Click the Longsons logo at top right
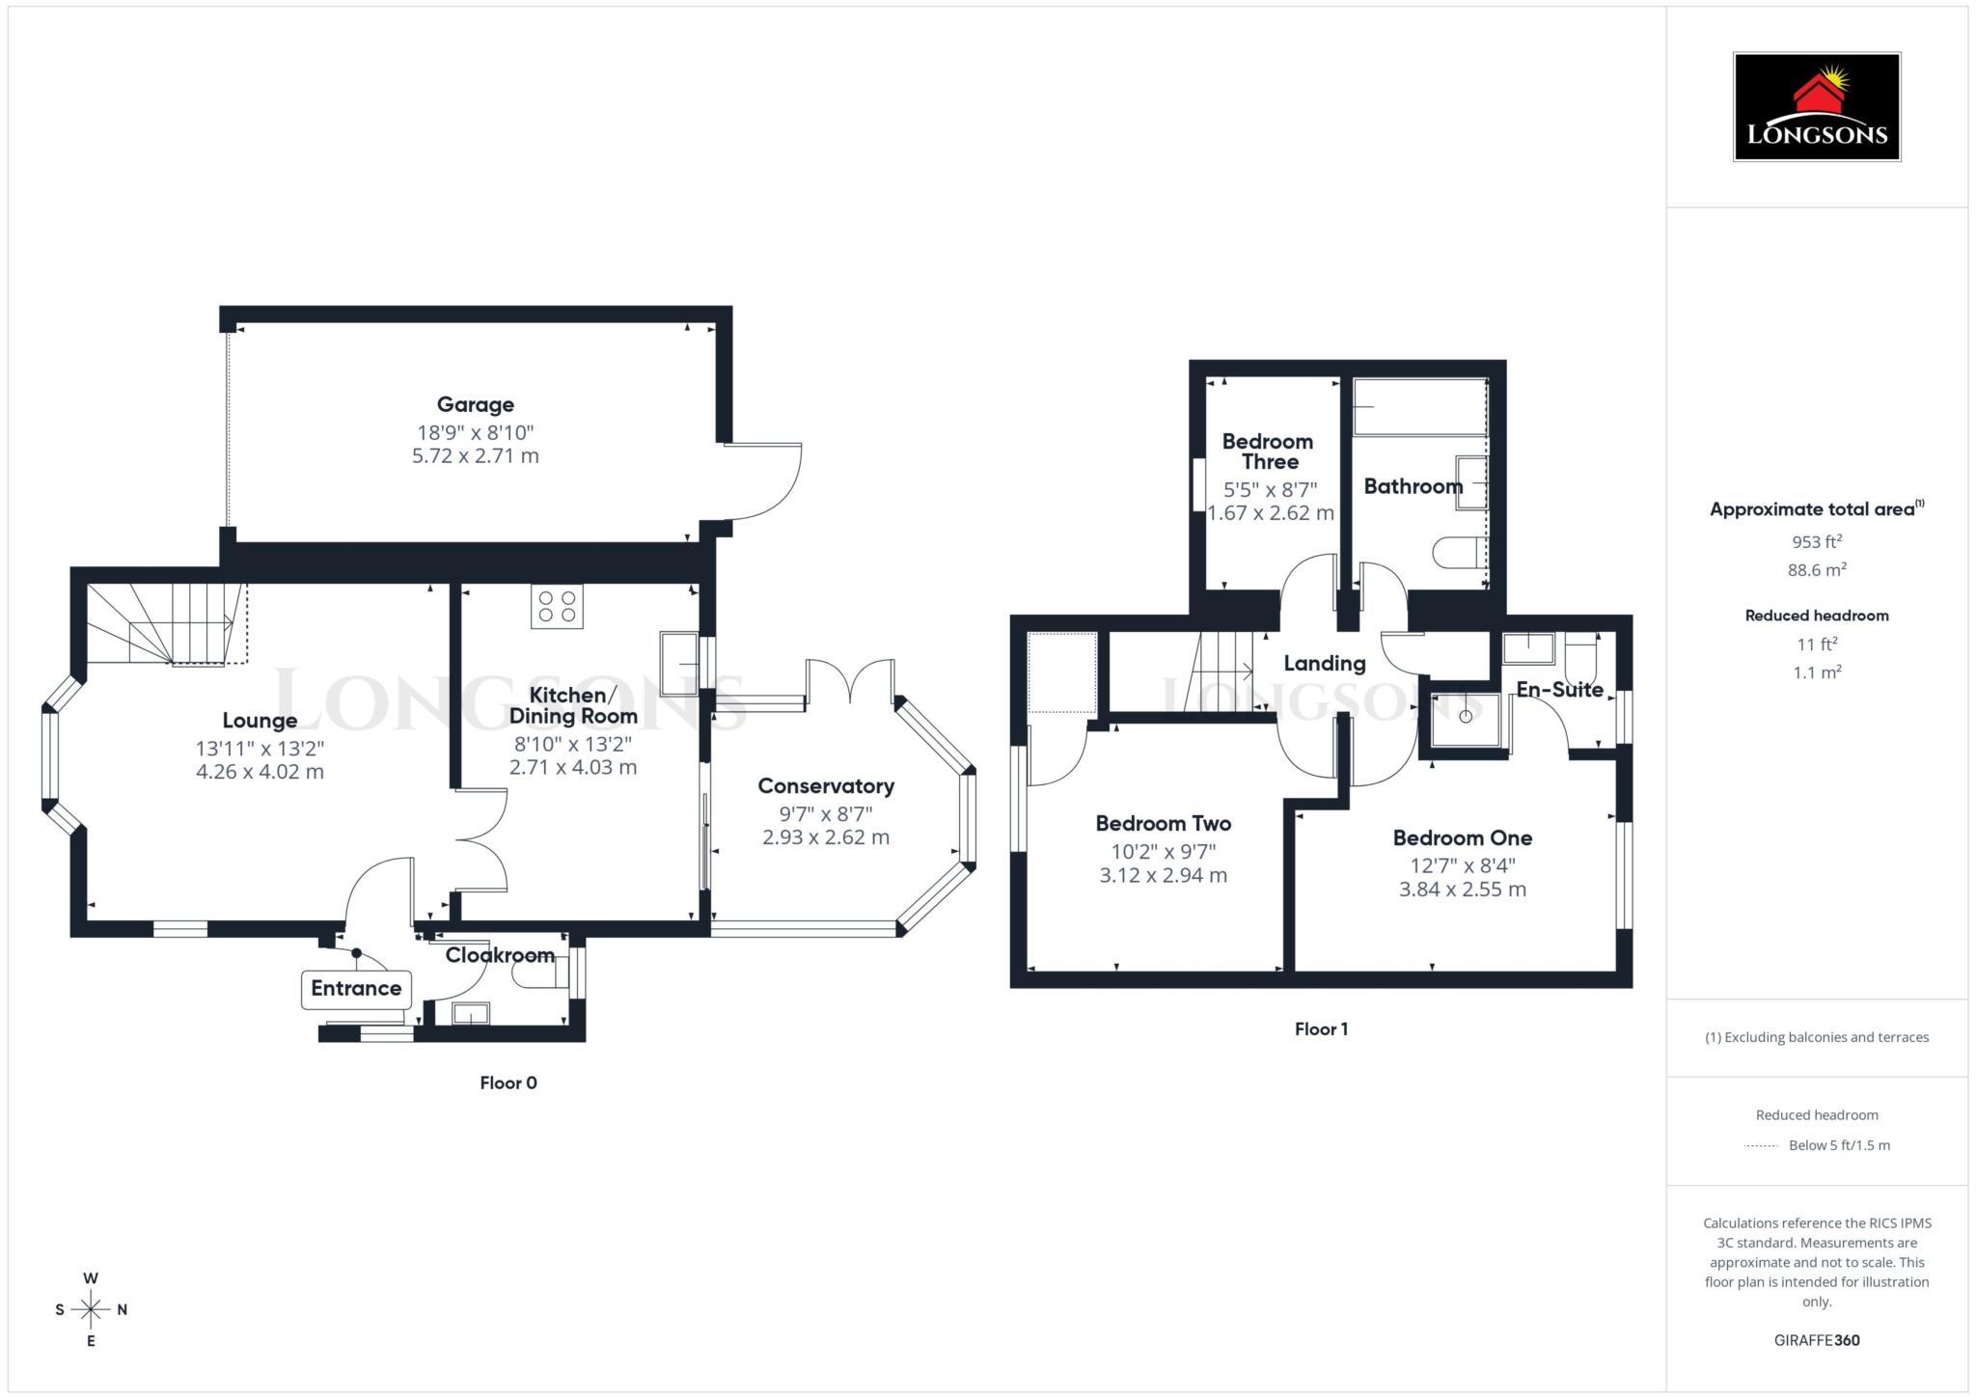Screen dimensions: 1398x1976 click(x=1816, y=107)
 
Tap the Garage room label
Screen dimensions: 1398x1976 click(x=475, y=405)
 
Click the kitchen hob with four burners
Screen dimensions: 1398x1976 click(x=557, y=606)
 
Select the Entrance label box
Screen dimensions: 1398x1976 click(x=356, y=989)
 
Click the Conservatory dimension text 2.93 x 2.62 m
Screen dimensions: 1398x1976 click(x=825, y=837)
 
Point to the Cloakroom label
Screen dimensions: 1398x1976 click(x=499, y=955)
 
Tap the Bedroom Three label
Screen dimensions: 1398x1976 click(x=1267, y=452)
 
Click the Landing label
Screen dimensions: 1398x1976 click(x=1324, y=664)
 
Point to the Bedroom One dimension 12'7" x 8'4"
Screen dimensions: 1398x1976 click(x=1462, y=865)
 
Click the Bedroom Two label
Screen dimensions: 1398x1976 click(x=1163, y=824)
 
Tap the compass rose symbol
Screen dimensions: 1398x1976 click(x=91, y=1309)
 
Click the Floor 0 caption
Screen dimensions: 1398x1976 click(x=508, y=1083)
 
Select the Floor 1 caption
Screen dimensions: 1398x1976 click(x=1321, y=1029)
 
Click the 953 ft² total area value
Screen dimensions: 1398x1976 click(x=1816, y=541)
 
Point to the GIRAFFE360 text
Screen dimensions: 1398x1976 click(x=1816, y=1340)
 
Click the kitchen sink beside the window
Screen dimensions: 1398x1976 click(x=679, y=662)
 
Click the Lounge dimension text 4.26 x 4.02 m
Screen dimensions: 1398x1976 click(x=260, y=772)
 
